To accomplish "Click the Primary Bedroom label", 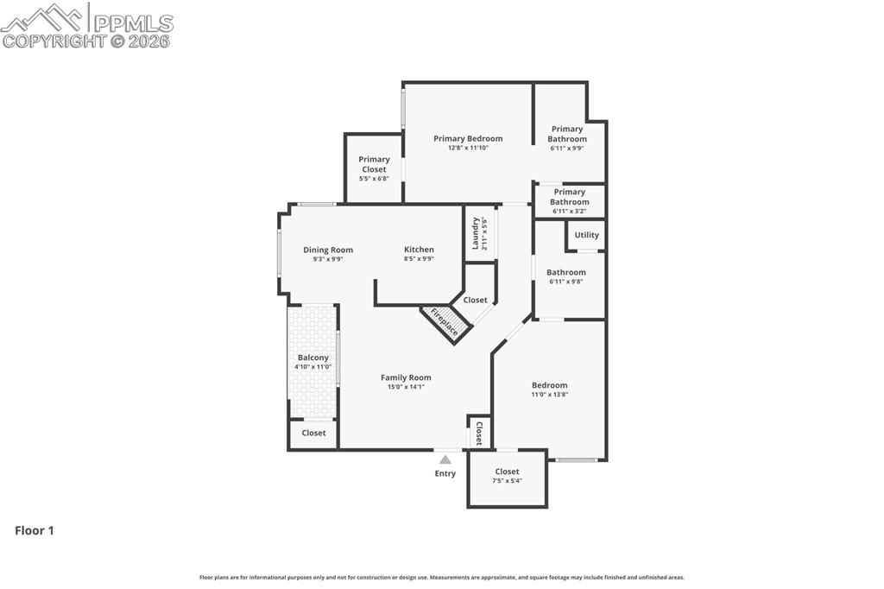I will (468, 138).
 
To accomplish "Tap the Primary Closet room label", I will (374, 164).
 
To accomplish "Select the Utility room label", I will (586, 235).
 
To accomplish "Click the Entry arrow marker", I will (445, 459).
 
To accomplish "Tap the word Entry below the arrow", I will (445, 473).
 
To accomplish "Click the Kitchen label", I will (419, 250).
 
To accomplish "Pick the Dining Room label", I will (328, 250).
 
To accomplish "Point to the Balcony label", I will (313, 358).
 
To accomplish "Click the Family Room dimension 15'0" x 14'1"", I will (406, 387).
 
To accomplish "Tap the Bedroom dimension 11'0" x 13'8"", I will (549, 395).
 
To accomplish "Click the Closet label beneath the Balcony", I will (313, 433).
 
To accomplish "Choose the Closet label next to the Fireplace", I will (475, 300).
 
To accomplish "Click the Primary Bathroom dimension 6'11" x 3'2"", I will (569, 211).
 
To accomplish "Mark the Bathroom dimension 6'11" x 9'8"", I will (565, 282).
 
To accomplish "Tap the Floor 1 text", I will (35, 530).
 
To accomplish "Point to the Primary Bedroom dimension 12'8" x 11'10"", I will (468, 148).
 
